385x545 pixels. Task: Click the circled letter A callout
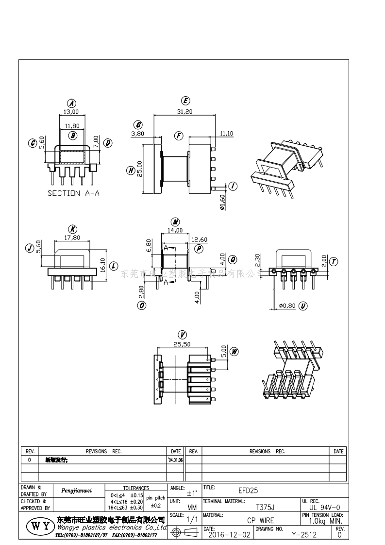pos(72,103)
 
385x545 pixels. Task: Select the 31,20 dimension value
pos(184,111)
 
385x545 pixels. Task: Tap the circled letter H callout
pos(131,170)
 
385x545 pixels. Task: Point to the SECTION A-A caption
pos(73,193)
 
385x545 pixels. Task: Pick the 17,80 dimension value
pos(72,238)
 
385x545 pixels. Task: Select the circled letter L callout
pos(113,266)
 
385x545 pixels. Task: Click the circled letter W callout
pos(234,351)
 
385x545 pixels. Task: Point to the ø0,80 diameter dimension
pos(287,306)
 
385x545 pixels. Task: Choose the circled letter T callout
pos(334,261)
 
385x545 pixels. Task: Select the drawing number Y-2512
pos(304,535)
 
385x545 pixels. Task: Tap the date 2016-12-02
pos(229,535)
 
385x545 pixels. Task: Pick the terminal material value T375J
pos(265,508)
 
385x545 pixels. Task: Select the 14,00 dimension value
pos(175,230)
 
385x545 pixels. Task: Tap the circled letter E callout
pos(185,101)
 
